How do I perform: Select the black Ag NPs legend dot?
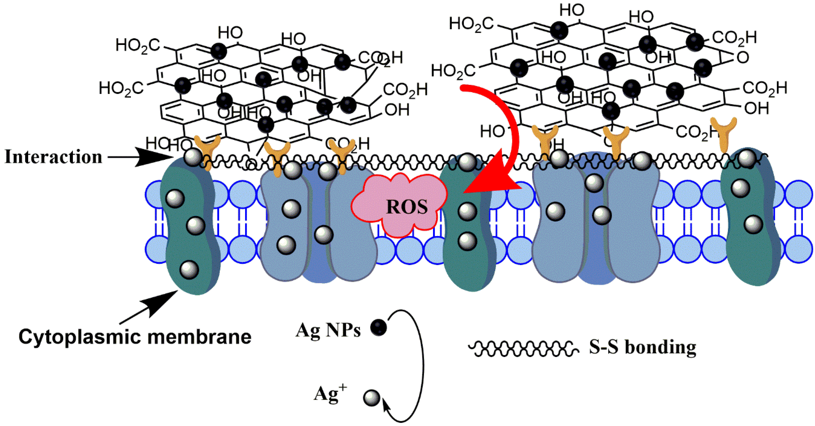(x=379, y=327)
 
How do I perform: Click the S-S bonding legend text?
(x=642, y=347)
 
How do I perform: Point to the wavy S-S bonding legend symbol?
(x=524, y=349)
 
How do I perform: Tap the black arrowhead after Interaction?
(x=152, y=157)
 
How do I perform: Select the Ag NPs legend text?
(x=328, y=331)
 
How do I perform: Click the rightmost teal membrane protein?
(x=750, y=218)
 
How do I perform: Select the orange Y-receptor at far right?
(x=724, y=133)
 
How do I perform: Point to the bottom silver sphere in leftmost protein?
(x=189, y=269)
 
